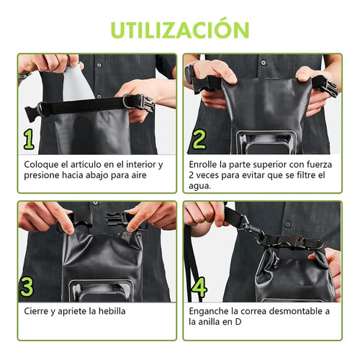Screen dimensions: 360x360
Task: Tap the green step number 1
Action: click(x=29, y=140)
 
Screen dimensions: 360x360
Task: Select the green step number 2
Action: click(x=199, y=139)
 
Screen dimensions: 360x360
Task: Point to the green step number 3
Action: click(x=27, y=287)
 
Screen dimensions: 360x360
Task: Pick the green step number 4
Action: click(x=199, y=287)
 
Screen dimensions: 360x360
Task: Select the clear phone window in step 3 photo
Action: click(x=101, y=290)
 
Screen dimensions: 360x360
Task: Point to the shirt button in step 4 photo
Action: click(x=288, y=225)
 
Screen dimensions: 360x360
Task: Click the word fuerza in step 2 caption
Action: click(x=320, y=165)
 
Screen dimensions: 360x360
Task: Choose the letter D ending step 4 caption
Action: click(x=238, y=322)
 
